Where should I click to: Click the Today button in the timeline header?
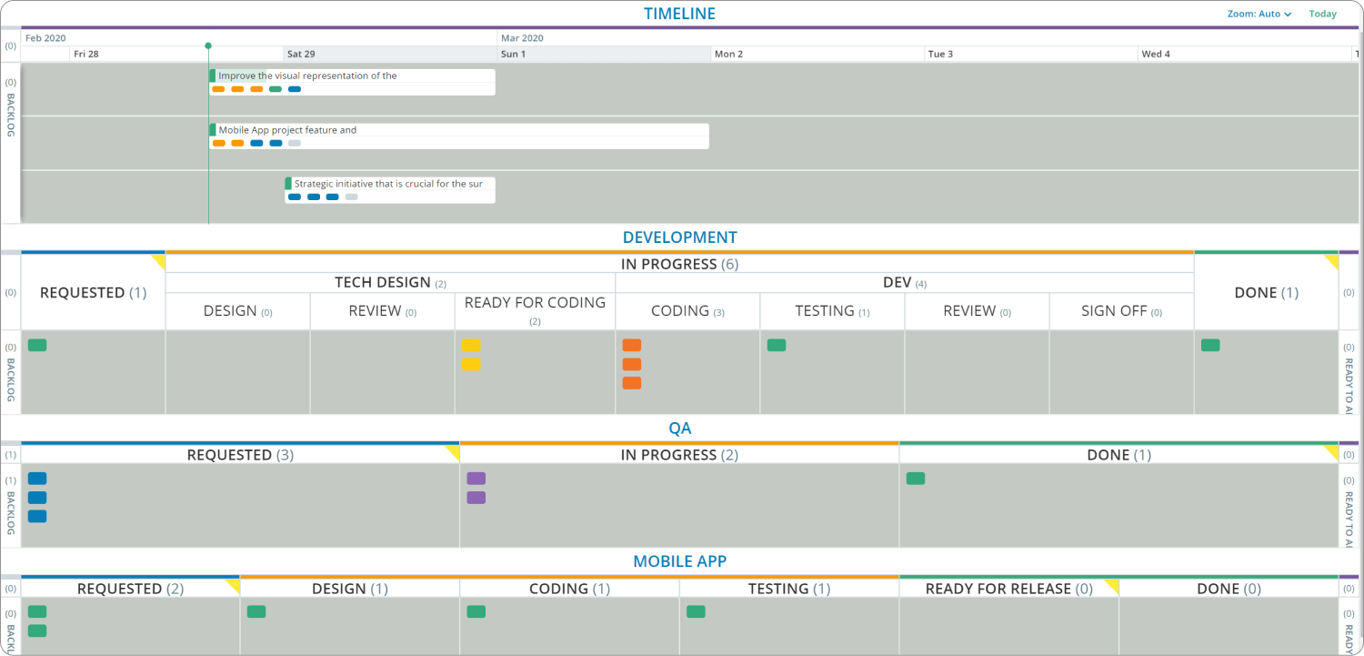[x=1322, y=14]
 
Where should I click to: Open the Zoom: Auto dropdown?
[x=1259, y=14]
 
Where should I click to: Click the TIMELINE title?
[x=679, y=14]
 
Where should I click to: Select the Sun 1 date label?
[x=513, y=55]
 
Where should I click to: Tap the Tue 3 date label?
[x=940, y=55]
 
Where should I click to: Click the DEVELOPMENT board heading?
[x=679, y=237]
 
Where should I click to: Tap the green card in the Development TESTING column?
[x=777, y=346]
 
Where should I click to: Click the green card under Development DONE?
[x=1210, y=346]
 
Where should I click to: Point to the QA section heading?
[x=679, y=428]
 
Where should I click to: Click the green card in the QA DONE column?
[x=916, y=479]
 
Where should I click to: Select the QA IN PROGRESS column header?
[x=678, y=455]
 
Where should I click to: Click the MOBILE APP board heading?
[x=679, y=561]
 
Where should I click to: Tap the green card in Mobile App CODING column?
[x=476, y=612]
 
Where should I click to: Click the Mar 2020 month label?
[x=523, y=38]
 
